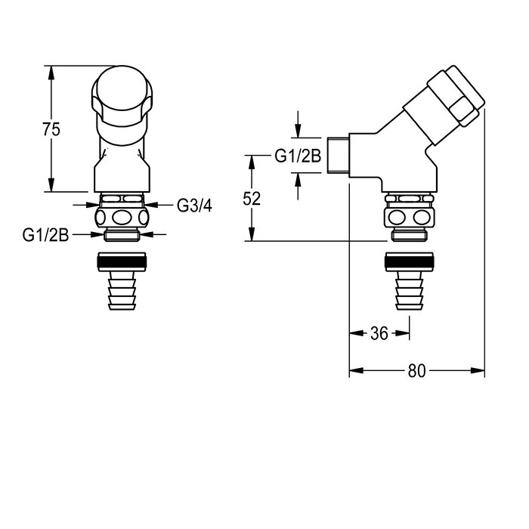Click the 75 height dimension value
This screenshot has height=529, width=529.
(51, 129)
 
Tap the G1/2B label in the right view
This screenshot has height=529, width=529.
(298, 157)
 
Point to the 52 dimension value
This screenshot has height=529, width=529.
(252, 199)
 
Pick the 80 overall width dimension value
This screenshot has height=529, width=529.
(417, 371)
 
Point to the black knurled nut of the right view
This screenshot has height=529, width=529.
(408, 264)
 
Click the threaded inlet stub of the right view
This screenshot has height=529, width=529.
(339, 154)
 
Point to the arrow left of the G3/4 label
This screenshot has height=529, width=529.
(153, 204)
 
